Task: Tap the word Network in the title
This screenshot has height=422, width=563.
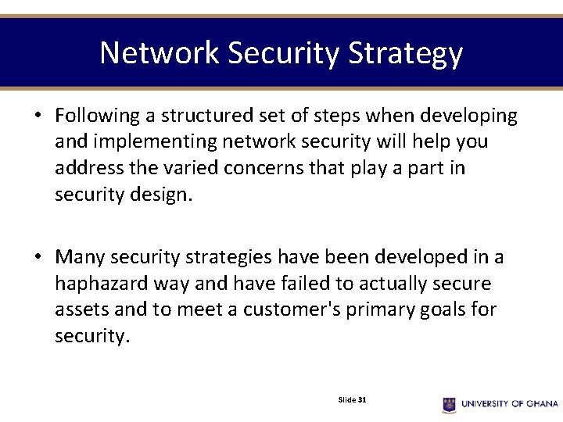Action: pos(160,53)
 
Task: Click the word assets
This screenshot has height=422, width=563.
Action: pos(81,310)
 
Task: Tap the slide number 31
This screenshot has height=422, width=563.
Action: pos(362,399)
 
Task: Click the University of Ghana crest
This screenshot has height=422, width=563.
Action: pos(449,404)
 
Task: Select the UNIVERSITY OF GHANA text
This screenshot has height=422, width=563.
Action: pos(510,404)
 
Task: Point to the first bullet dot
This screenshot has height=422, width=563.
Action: pos(38,117)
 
